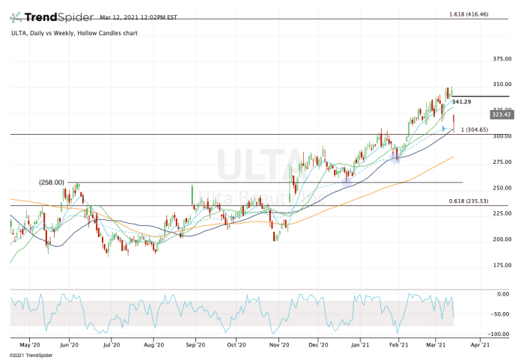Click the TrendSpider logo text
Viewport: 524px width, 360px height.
tap(57, 16)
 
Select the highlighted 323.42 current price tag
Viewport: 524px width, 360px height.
tap(502, 114)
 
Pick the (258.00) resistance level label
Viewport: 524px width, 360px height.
tap(52, 182)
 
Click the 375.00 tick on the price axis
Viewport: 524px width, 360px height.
tap(501, 58)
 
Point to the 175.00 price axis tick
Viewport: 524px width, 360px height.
tap(501, 265)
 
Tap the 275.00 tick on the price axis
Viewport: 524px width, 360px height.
tap(501, 162)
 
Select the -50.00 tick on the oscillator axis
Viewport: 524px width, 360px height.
tap(502, 314)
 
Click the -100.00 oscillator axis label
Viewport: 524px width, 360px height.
tap(500, 335)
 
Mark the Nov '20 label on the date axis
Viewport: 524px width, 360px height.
tap(278, 345)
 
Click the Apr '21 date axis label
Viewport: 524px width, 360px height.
tap(479, 345)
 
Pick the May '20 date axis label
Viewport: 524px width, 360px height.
tap(29, 345)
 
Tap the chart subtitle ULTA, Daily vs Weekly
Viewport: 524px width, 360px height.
tap(59, 33)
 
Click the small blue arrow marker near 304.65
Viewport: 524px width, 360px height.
tap(444, 129)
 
